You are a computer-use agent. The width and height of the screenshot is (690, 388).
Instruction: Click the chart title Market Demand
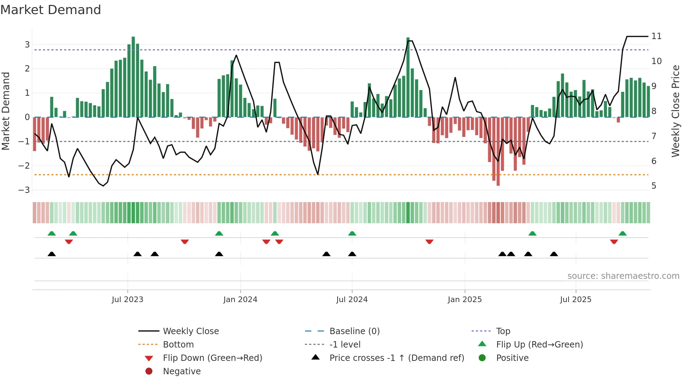point(51,10)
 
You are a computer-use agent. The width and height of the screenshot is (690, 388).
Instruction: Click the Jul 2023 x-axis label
point(127,300)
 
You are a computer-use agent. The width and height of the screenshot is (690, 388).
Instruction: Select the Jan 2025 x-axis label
point(465,300)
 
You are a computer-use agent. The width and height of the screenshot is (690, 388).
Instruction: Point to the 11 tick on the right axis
point(656,36)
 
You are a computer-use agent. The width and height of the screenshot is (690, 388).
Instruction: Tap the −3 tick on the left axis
point(24,190)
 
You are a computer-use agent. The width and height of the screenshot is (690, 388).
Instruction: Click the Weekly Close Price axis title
point(675,111)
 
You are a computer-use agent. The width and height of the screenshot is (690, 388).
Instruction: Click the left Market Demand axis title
point(6,111)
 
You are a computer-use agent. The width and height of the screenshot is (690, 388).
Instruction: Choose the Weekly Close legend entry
point(191,331)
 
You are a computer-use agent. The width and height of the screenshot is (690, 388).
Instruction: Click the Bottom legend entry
point(178,345)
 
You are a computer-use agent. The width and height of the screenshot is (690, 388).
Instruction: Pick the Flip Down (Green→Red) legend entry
point(212,358)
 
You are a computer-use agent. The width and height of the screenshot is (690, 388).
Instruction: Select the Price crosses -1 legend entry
point(396,358)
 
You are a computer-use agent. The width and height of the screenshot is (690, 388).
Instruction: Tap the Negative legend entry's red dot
point(149,371)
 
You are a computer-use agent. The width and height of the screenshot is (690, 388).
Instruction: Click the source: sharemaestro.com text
point(623,276)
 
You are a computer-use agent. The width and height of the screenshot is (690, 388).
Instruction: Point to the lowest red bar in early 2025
point(498,151)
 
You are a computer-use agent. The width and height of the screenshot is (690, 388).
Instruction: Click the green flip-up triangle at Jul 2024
point(352,233)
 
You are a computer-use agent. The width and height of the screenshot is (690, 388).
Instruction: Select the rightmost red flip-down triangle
point(614,242)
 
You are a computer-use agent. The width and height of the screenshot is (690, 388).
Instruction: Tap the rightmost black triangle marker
point(554,254)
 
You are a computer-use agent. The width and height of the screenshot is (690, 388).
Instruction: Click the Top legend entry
point(503,331)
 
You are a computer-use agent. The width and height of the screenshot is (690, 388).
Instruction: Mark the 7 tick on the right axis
point(654,136)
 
